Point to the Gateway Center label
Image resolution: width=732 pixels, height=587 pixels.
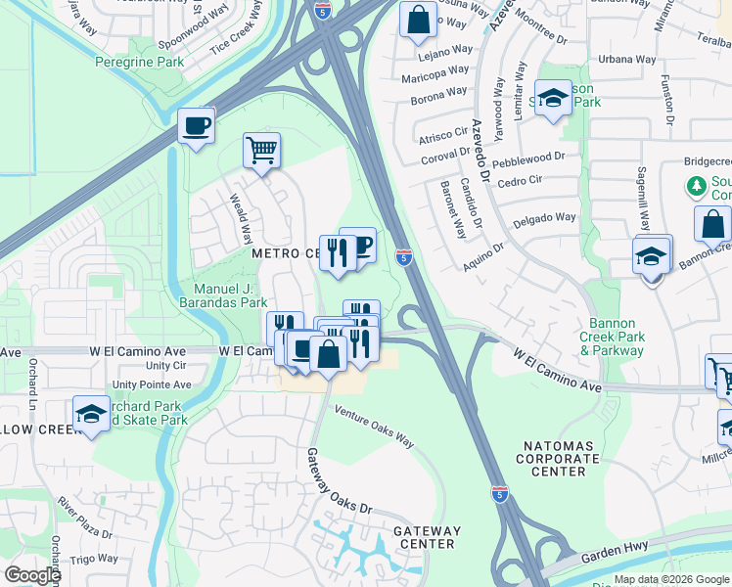(x=427, y=537)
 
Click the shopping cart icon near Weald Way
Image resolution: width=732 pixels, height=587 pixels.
(x=261, y=151)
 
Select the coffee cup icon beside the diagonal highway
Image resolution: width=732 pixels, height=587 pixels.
(x=196, y=126)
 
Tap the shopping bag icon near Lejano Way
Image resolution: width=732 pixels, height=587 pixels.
(x=418, y=20)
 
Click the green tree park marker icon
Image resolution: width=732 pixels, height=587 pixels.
(x=697, y=186)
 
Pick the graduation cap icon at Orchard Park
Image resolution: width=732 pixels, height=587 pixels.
(x=91, y=414)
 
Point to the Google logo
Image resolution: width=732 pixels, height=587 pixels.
(x=32, y=575)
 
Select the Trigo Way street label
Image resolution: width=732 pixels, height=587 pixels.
(x=94, y=559)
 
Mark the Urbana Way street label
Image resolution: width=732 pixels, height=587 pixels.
(x=627, y=59)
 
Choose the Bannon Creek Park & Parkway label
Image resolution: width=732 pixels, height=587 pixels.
(x=613, y=337)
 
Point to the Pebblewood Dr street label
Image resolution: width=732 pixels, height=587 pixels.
(x=529, y=156)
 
